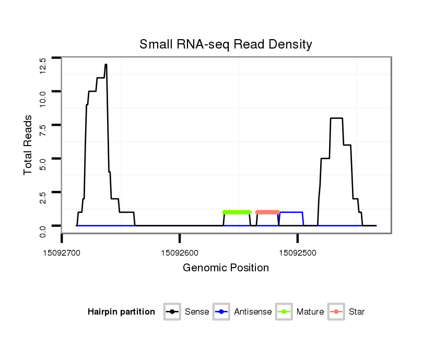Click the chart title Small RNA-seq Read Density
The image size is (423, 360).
pos(226,44)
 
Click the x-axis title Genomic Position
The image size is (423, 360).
pos(226,268)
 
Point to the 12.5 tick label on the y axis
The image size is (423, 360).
pos(43,66)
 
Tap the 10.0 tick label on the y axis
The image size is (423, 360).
pos(43,98)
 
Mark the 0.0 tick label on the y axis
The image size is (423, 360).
pos(43,231)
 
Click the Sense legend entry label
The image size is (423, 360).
pos(197,312)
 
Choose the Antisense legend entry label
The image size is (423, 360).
pos(253,312)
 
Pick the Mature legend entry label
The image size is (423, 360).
pos(310,312)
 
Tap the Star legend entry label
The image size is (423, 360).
pos(357,312)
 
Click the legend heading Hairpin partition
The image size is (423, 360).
pos(121,312)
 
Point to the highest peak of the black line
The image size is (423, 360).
pos(106,65)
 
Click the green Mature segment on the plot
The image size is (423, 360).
pos(237,212)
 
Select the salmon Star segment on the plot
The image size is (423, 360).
pos(267,212)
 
